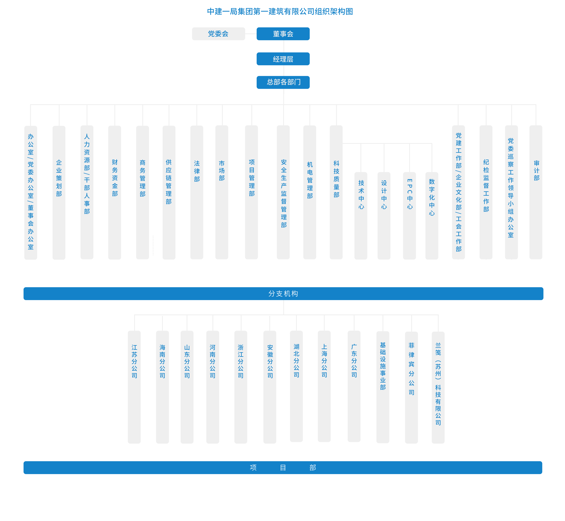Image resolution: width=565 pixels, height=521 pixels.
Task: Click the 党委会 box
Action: coord(218,34)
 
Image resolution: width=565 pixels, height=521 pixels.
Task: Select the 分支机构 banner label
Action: coord(283,293)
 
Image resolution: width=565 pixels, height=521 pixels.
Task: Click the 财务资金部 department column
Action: coord(115,193)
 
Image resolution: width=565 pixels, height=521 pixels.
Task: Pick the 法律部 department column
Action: coord(197,192)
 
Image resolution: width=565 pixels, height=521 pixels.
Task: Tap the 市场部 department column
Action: coord(222,192)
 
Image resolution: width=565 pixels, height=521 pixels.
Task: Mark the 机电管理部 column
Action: coord(310,192)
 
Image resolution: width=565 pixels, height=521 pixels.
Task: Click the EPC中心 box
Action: coord(410,216)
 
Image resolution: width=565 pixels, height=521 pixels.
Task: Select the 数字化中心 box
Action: coord(432,216)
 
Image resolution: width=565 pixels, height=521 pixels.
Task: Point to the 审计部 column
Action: coord(536,192)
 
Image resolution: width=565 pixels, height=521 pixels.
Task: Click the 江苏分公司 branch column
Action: coord(134,387)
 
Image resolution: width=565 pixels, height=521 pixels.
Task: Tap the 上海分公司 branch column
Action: coord(324,386)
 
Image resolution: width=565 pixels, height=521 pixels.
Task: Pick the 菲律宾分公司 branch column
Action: coord(412,388)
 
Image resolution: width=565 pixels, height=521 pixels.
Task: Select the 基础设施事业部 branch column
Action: coord(383,387)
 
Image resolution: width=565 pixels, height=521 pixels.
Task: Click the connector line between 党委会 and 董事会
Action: coord(251,34)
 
